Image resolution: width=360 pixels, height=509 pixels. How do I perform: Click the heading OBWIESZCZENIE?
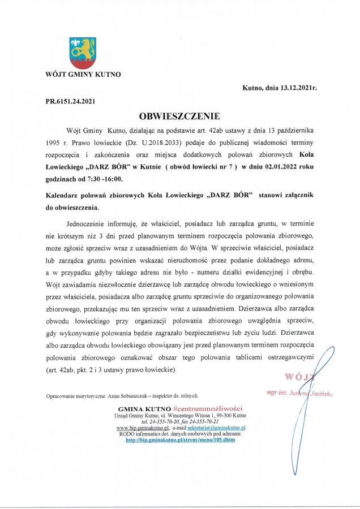(x=179, y=117)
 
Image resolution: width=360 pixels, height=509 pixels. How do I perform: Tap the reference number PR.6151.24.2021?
(x=71, y=102)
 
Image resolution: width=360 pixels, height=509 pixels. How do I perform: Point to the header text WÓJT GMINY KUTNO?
(x=83, y=74)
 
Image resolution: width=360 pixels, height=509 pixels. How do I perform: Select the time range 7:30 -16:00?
(x=102, y=179)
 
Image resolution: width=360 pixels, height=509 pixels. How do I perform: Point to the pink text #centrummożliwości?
(x=208, y=408)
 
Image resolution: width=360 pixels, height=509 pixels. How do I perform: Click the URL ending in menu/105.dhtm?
(x=180, y=439)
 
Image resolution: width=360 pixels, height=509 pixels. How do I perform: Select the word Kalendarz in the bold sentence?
(x=65, y=195)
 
